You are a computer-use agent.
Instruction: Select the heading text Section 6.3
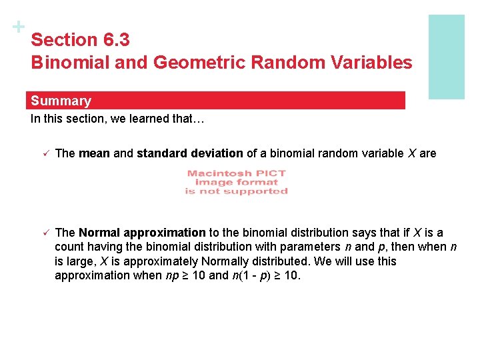click(x=80, y=40)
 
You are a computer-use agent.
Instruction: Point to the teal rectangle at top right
click(x=446, y=57)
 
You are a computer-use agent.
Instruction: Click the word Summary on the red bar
click(x=61, y=101)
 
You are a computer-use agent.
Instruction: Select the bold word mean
click(x=94, y=153)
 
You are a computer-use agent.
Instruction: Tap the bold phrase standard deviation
click(x=190, y=153)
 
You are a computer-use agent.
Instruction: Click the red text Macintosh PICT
click(x=236, y=173)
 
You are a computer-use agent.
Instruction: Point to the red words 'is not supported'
click(x=236, y=191)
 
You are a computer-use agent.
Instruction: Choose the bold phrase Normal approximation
click(x=142, y=233)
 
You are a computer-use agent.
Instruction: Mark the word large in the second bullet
click(x=81, y=261)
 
